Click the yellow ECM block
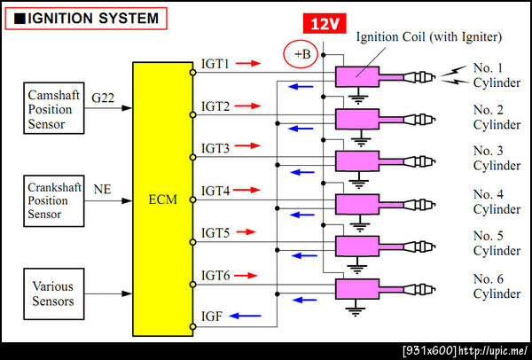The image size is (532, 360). [x=161, y=200]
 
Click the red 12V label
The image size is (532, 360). [x=320, y=25]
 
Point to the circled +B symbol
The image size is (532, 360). [x=302, y=55]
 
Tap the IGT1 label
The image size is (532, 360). [x=215, y=64]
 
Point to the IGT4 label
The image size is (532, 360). [x=215, y=191]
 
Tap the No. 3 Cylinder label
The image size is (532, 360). [x=496, y=158]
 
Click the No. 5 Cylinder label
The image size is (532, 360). [x=496, y=243]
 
